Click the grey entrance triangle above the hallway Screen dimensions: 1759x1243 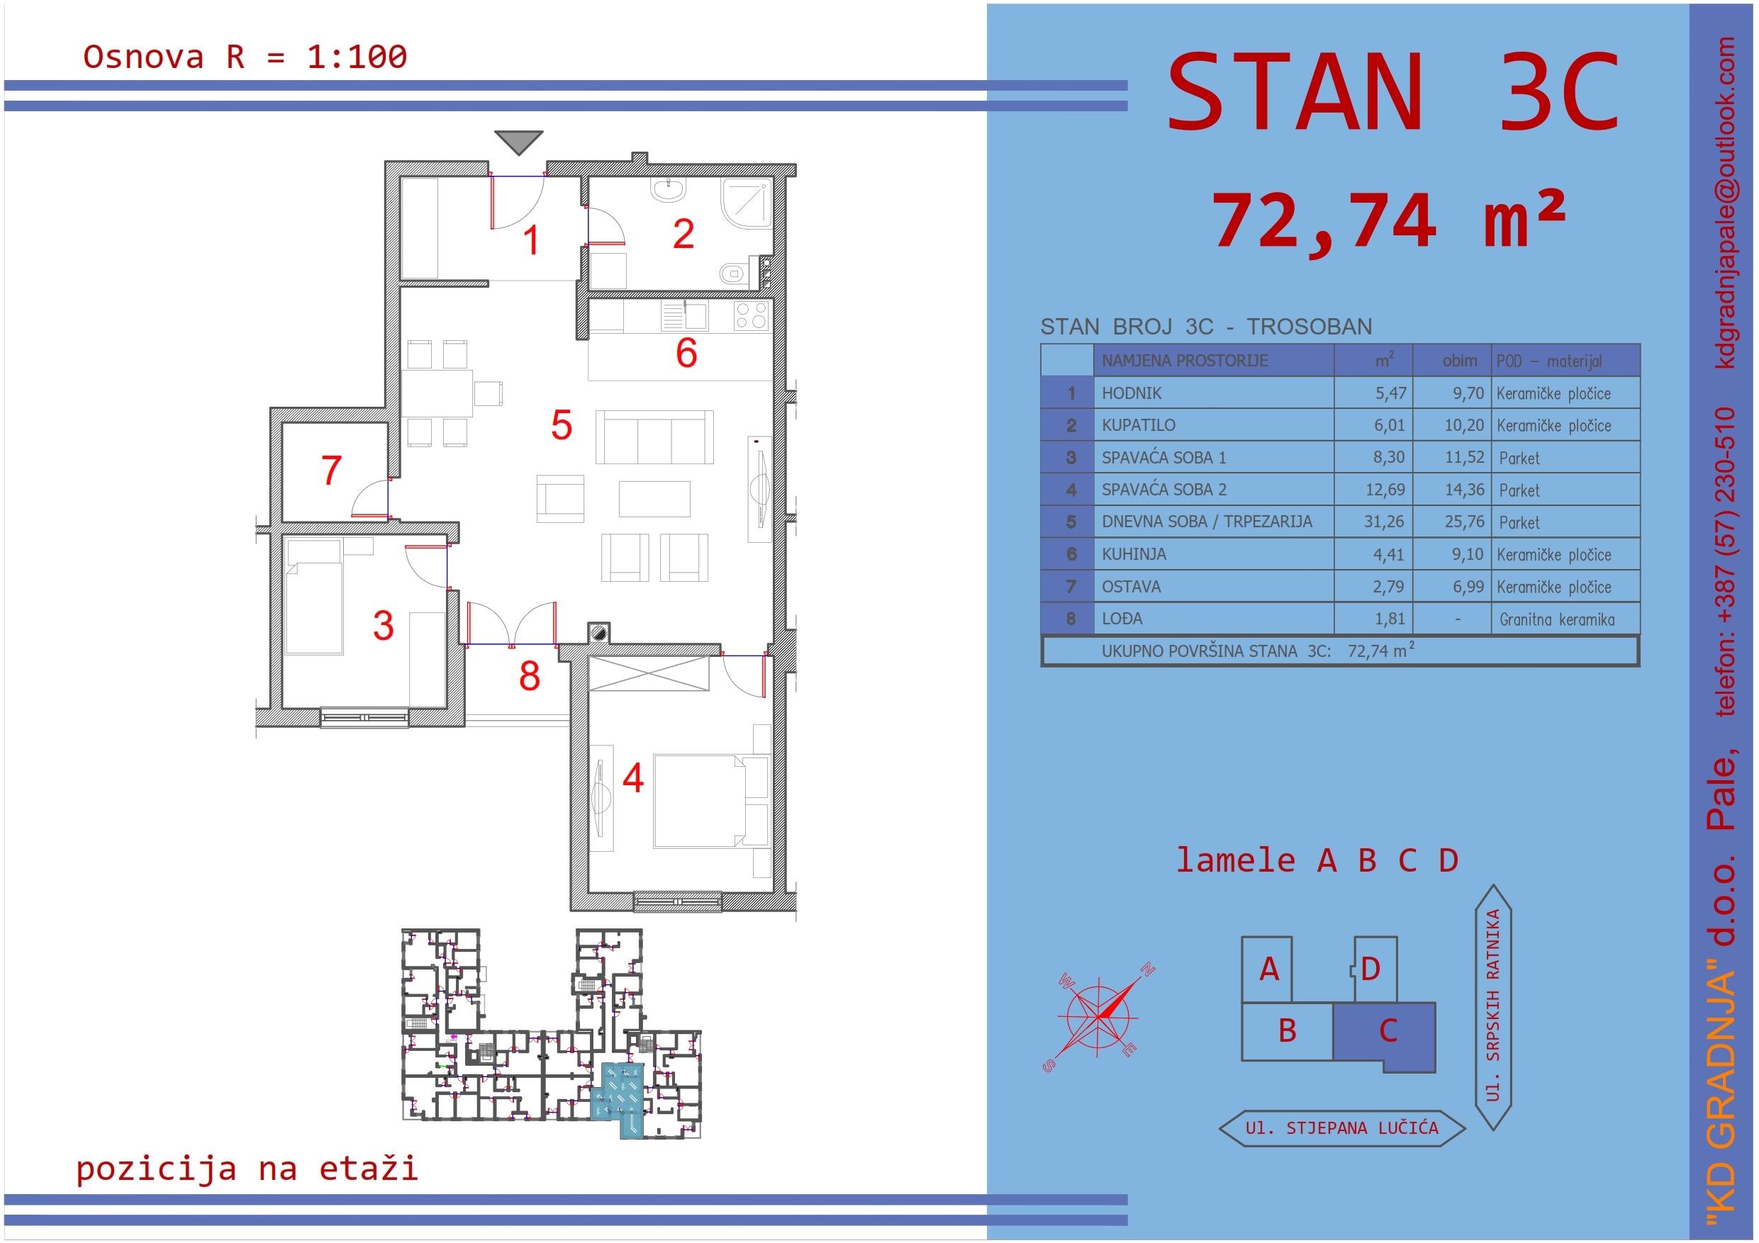[519, 141]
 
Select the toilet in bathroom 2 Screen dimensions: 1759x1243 [732, 273]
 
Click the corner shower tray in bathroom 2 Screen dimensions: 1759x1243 [745, 203]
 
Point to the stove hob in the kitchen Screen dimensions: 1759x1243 [751, 315]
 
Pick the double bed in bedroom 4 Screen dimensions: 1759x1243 [698, 801]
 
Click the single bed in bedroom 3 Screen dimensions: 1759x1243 [313, 597]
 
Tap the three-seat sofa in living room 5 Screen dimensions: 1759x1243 [654, 437]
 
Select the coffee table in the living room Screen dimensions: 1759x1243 [654, 499]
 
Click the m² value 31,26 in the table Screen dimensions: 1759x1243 [1384, 522]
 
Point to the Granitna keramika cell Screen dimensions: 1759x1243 [1557, 619]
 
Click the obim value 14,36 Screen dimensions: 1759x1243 [1464, 490]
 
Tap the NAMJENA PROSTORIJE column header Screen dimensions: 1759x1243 [1185, 361]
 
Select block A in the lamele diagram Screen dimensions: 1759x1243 [1267, 969]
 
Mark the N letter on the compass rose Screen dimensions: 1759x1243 [1147, 969]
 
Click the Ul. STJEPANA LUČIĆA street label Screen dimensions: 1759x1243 [1341, 1128]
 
